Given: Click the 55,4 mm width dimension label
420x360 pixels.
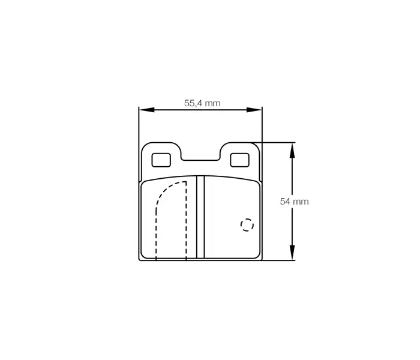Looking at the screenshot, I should click(202, 103).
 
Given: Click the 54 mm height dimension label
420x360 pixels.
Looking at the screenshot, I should click(294, 202).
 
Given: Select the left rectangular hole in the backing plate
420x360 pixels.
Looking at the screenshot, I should click(161, 160).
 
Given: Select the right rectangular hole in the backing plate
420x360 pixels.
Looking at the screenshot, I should click(239, 160).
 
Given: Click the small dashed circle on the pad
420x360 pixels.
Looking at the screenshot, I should click(247, 224).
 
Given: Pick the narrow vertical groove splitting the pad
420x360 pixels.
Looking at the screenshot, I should click(201, 217).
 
